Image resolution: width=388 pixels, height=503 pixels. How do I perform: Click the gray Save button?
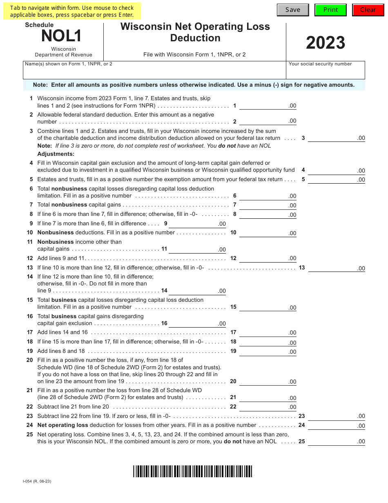[293, 10]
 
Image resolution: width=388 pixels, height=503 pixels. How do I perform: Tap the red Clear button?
[368, 10]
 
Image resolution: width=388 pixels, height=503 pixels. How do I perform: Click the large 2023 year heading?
[326, 43]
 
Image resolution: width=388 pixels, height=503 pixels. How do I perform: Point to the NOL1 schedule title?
[61, 36]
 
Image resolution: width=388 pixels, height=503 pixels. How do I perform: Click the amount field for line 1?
[268, 106]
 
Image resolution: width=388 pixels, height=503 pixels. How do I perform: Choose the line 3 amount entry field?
[336, 138]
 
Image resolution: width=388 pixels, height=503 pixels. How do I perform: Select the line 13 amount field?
[336, 268]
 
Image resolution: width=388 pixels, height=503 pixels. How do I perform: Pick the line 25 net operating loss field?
[336, 441]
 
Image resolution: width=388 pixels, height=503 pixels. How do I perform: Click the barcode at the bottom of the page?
[192, 472]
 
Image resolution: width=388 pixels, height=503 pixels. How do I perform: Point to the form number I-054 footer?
[37, 481]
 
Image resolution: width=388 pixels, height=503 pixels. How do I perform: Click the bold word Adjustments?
[56, 154]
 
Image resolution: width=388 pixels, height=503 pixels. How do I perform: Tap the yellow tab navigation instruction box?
[72, 11]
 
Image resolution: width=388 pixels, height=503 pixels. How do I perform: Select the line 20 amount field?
[268, 381]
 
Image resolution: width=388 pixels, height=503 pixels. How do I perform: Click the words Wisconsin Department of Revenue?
[63, 52]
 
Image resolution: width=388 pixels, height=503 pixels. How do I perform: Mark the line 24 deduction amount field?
[336, 425]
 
